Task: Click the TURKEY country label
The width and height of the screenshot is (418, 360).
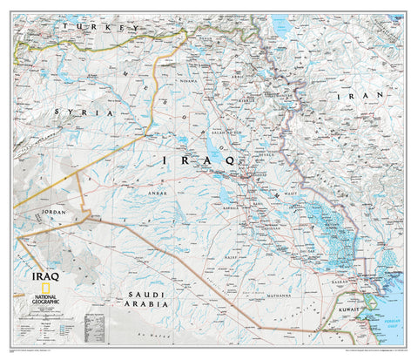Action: click(x=98, y=28)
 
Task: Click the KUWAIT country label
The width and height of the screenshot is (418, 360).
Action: click(x=349, y=309)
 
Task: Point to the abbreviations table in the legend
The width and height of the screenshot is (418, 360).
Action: click(x=95, y=328)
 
